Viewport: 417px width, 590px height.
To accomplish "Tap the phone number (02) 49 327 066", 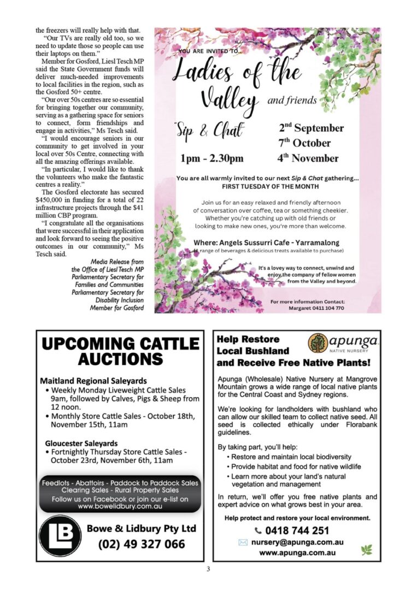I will pos(142,544).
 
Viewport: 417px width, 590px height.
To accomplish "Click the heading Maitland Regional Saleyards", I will pos(93,380).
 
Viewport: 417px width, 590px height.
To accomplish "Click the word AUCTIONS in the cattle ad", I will pos(121,359).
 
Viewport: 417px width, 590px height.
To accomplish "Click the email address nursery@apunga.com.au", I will pos(297,542).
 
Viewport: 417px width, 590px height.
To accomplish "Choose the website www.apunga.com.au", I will pos(297,553).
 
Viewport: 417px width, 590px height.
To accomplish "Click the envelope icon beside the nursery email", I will pos(243,542).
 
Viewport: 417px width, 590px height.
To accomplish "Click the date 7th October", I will pos(305,143).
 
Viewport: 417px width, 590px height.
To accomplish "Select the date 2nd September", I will pos(311,128).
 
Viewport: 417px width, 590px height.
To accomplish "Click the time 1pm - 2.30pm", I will pos(212,159).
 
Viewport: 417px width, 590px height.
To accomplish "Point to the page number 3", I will pos(208,569).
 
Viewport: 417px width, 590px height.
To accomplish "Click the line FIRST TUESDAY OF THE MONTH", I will pos(267,186).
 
